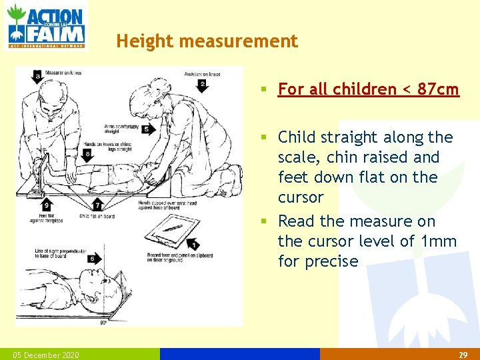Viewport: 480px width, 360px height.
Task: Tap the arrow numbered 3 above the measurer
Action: click(x=38, y=77)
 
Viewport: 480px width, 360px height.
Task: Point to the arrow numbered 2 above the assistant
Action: click(x=202, y=85)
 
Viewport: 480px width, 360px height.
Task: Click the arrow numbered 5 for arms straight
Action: click(x=145, y=129)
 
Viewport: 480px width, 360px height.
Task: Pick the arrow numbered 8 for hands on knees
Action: click(x=88, y=154)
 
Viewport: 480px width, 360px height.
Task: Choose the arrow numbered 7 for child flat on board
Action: click(x=97, y=205)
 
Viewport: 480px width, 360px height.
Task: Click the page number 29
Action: click(x=463, y=355)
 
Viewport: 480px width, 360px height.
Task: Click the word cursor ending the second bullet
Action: click(x=301, y=197)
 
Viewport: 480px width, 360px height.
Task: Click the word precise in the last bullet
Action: click(x=332, y=261)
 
